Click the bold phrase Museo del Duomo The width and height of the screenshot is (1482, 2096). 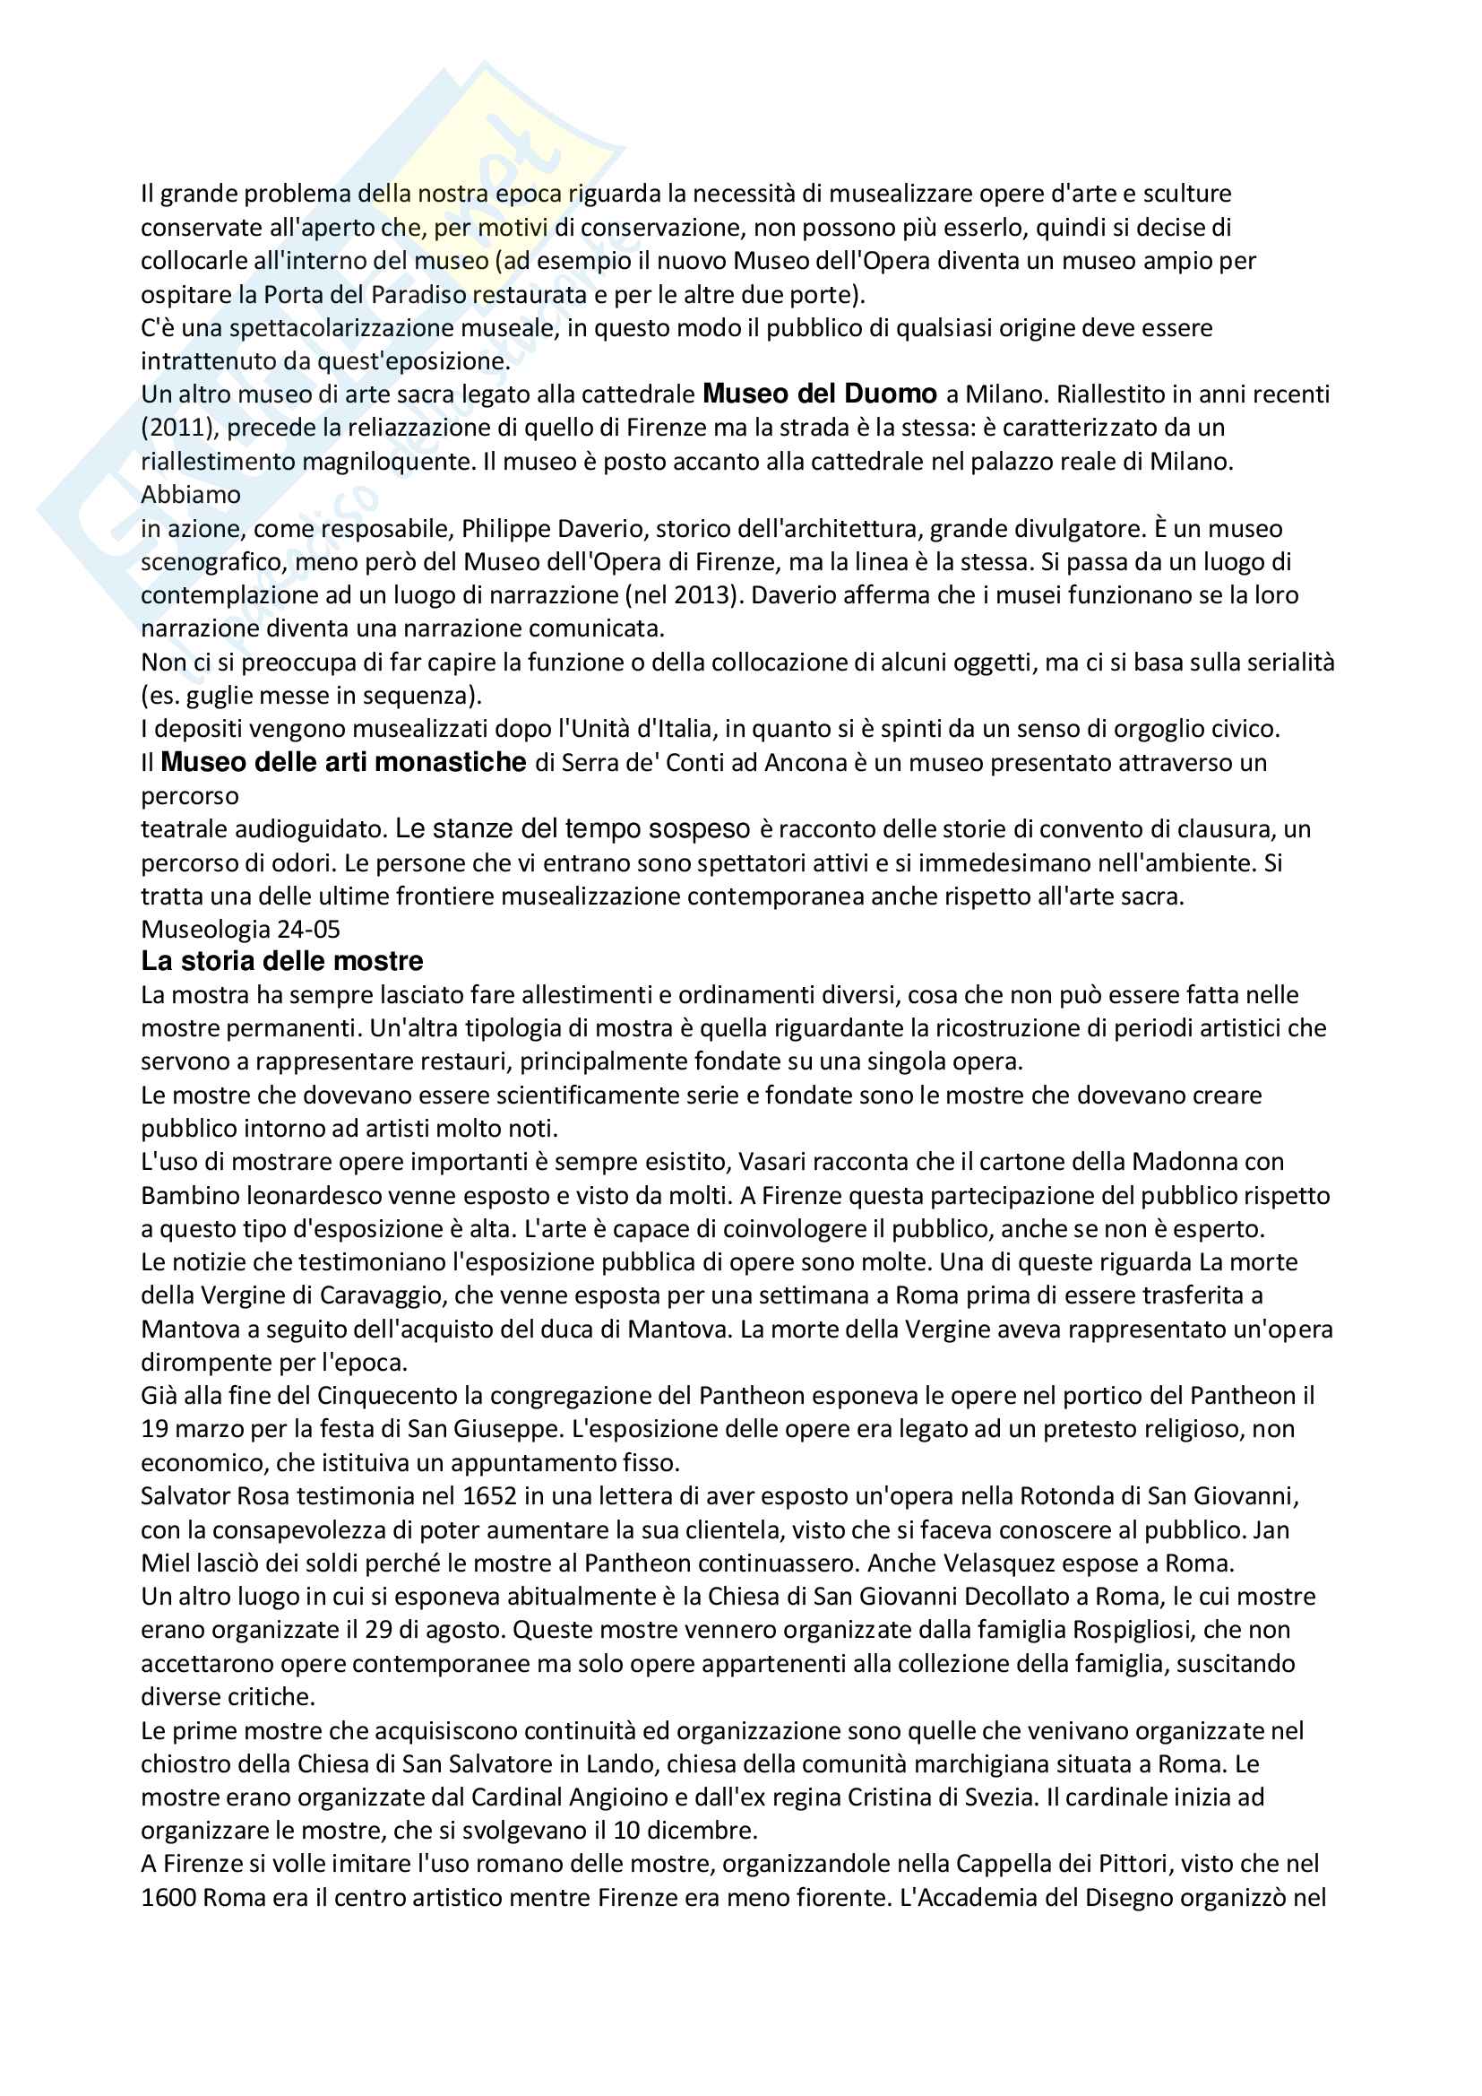click(820, 394)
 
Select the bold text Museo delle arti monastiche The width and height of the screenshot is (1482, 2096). click(343, 762)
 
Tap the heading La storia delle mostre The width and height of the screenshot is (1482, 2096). click(282, 961)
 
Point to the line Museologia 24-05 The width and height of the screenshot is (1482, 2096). click(240, 930)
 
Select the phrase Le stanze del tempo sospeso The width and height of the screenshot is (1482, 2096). click(573, 829)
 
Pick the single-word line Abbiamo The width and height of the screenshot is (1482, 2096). click(191, 495)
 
